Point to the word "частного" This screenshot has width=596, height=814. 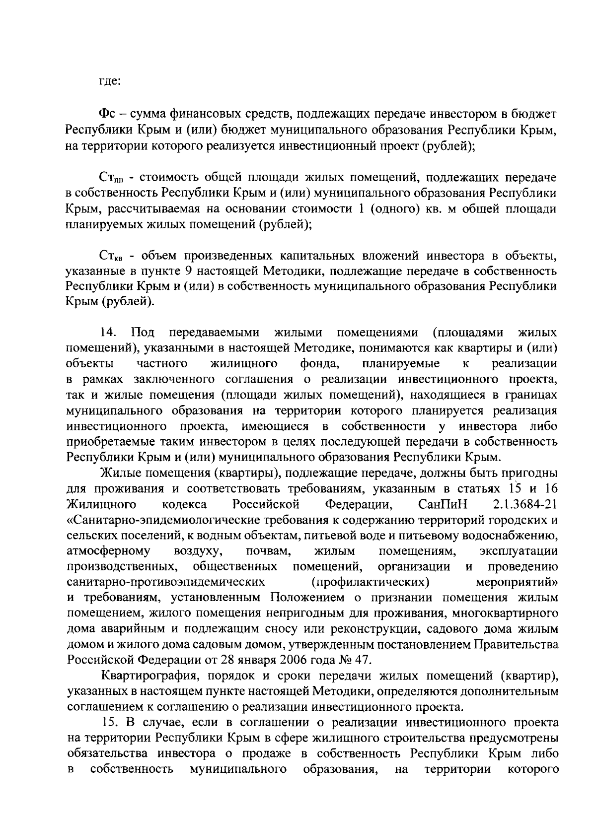(x=162, y=364)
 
